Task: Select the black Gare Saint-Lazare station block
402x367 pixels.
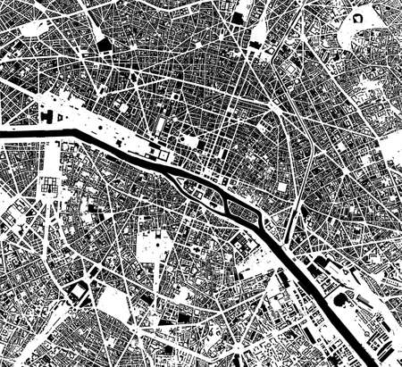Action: click(x=105, y=44)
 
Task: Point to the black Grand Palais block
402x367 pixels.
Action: click(x=47, y=117)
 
